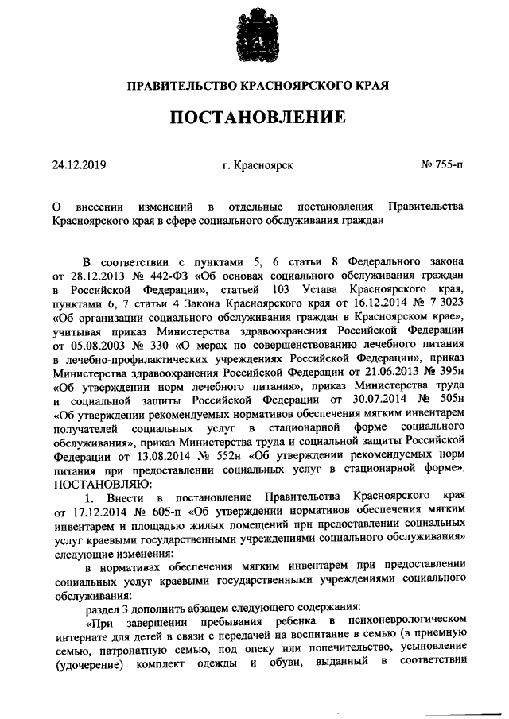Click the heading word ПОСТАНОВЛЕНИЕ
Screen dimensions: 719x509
click(254, 118)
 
